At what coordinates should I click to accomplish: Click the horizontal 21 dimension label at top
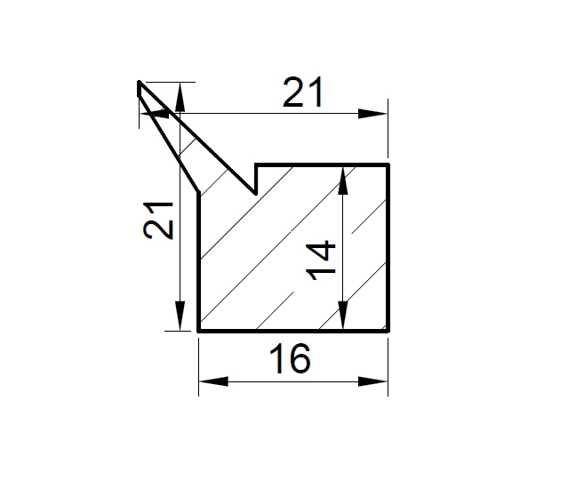tap(303, 92)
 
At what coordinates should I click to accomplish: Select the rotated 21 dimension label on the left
tap(158, 220)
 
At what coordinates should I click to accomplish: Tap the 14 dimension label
tap(321, 261)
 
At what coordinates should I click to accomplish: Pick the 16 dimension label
tap(290, 358)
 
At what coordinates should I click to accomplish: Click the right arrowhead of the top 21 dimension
tap(372, 114)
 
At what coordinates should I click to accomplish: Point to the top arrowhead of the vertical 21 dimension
tap(180, 97)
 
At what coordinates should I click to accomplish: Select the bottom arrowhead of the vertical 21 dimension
tap(180, 316)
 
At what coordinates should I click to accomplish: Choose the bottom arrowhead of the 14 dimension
tap(343, 315)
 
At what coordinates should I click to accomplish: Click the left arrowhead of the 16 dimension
tap(213, 381)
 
